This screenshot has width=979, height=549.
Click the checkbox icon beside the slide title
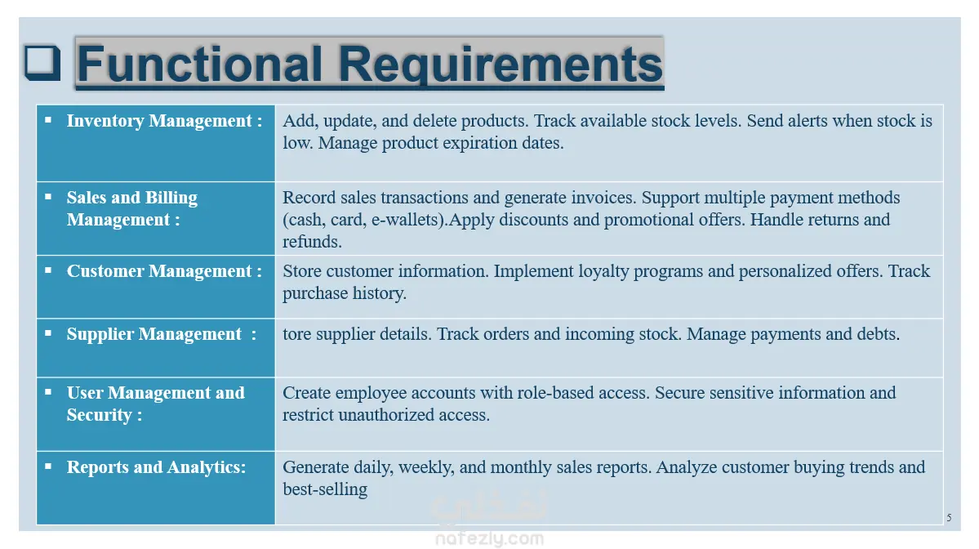pyautogui.click(x=42, y=62)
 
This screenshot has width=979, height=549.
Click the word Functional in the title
pyautogui.click(x=200, y=64)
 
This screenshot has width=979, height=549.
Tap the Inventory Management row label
pyautogui.click(x=164, y=121)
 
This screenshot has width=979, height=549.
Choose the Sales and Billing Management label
pyautogui.click(x=131, y=208)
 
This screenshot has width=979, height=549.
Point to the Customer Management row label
pyautogui.click(x=164, y=271)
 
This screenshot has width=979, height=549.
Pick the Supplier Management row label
pyautogui.click(x=161, y=334)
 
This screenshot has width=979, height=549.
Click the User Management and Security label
pyautogui.click(x=155, y=404)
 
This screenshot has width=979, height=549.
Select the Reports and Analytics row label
pyautogui.click(x=156, y=467)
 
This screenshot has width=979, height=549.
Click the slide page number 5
pyautogui.click(x=949, y=518)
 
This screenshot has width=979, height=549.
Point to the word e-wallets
pyautogui.click(x=407, y=220)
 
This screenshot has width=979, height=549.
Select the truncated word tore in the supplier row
pyautogui.click(x=296, y=334)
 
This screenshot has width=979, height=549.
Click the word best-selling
pyautogui.click(x=325, y=489)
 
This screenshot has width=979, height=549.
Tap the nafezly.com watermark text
pyautogui.click(x=490, y=538)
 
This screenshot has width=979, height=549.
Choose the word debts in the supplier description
pyautogui.click(x=879, y=334)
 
